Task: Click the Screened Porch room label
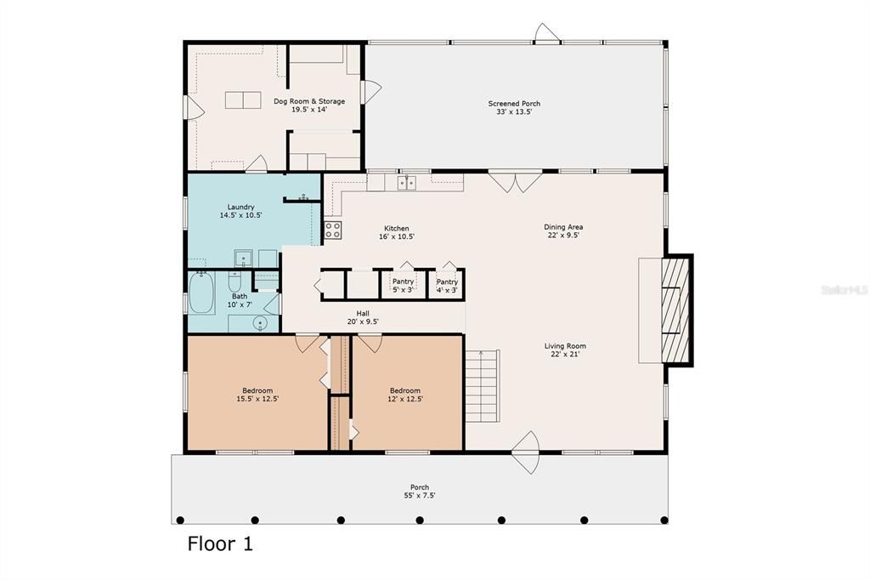(x=514, y=107)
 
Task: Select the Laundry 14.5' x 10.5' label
(x=240, y=211)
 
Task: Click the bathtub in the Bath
(x=201, y=293)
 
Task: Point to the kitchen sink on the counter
(x=407, y=182)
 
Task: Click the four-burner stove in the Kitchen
(x=333, y=230)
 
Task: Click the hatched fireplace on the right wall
(x=678, y=310)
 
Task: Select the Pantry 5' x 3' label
(x=403, y=286)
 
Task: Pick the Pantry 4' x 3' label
(x=447, y=286)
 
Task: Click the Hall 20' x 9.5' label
(x=363, y=317)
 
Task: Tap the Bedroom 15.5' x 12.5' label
(x=257, y=395)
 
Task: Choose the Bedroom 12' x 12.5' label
(x=405, y=395)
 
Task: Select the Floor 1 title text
(x=220, y=543)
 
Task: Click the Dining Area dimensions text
(x=563, y=236)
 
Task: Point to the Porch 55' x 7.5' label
(x=420, y=492)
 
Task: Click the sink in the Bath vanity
(x=260, y=323)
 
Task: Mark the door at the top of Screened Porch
(x=546, y=35)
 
